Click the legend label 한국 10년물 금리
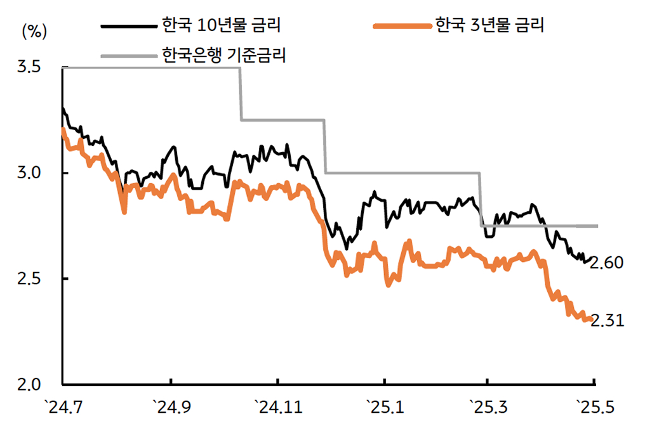click(x=222, y=26)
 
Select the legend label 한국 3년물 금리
click(x=489, y=26)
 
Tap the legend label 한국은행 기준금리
click(x=223, y=55)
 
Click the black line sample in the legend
click(x=130, y=27)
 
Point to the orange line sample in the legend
click(x=402, y=27)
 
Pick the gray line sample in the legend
click(x=130, y=56)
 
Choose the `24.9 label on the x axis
click(x=171, y=406)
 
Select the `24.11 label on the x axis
click(x=277, y=406)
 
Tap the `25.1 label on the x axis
click(x=384, y=406)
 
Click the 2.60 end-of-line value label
click(x=608, y=263)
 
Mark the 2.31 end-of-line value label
click(x=608, y=321)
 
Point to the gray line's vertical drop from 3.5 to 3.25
click(x=241, y=94)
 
